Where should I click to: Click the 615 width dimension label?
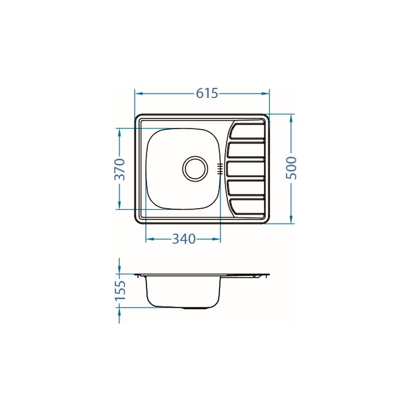[207, 93]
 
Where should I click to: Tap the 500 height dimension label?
[291, 168]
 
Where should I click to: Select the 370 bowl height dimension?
[120, 169]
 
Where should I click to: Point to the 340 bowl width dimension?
[183, 239]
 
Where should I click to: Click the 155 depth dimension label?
[120, 291]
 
